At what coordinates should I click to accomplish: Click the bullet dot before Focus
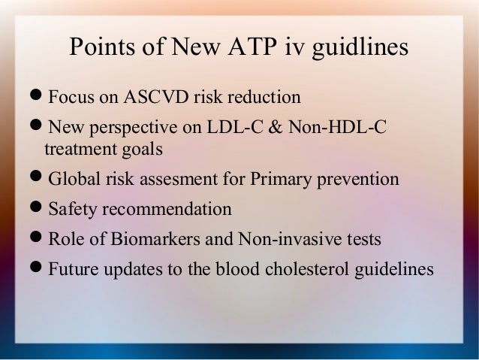38,98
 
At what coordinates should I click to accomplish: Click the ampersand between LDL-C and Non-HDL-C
273,127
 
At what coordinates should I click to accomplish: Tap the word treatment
80,149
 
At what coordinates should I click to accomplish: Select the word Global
73,180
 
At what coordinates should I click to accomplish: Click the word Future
73,268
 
